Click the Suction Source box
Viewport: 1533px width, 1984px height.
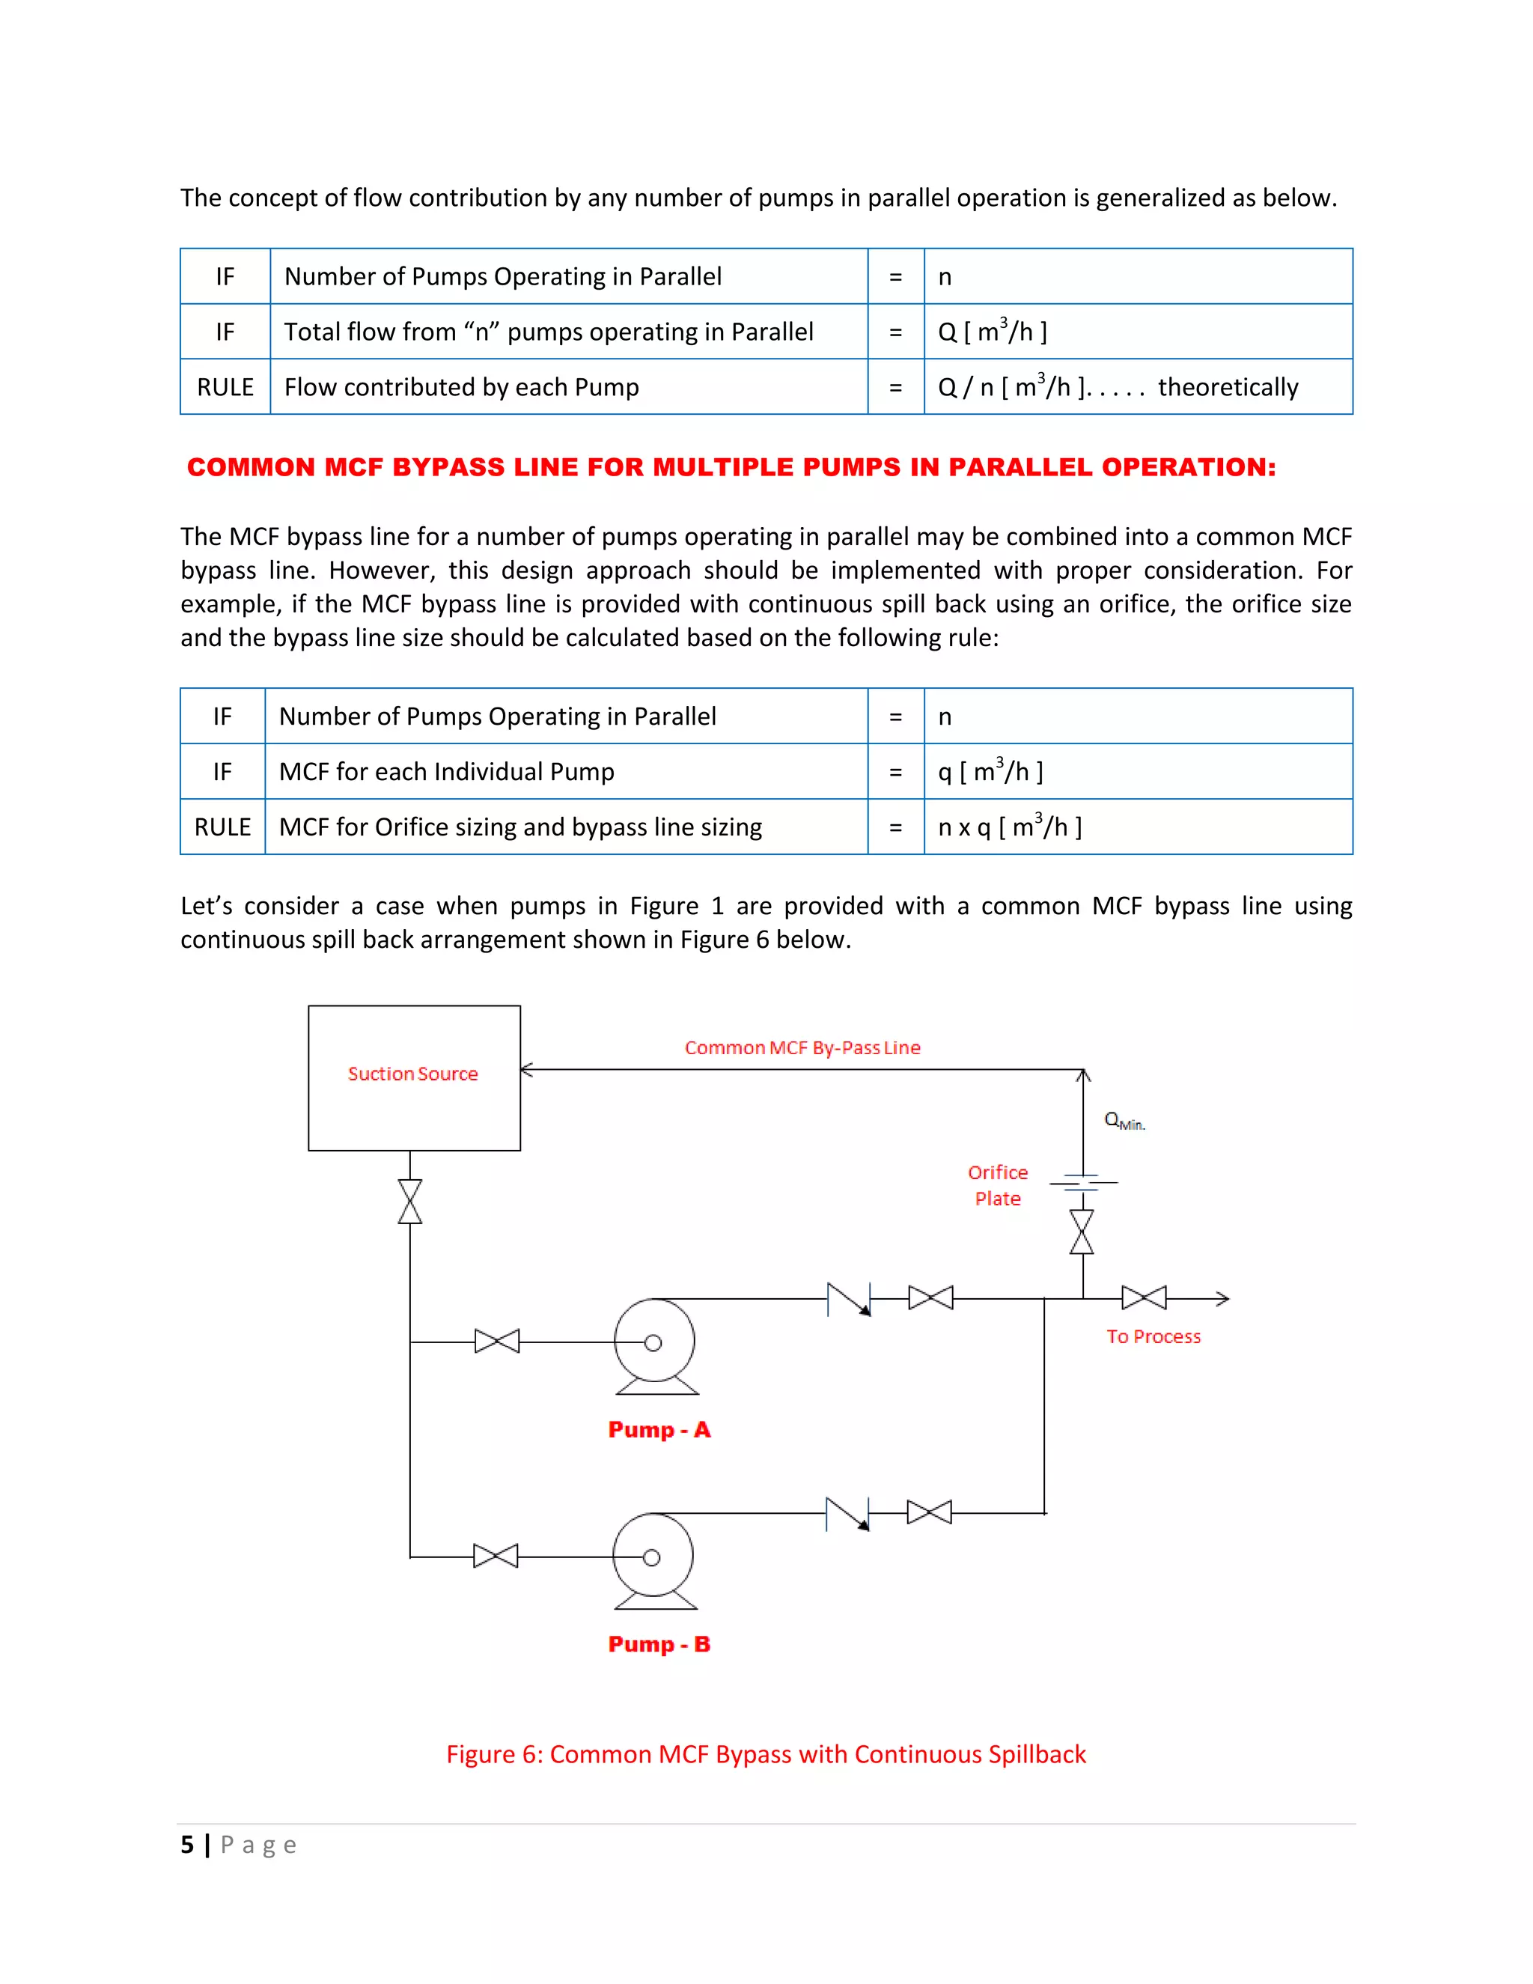click(x=414, y=1077)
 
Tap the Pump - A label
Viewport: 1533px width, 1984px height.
click(x=659, y=1430)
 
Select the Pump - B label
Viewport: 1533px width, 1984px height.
click(x=659, y=1644)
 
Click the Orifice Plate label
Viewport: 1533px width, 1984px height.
click(x=997, y=1185)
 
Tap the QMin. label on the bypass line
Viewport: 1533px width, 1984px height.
click(x=1124, y=1121)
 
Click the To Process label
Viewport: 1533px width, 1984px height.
click(x=1153, y=1336)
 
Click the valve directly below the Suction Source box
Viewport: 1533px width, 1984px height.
click(x=410, y=1202)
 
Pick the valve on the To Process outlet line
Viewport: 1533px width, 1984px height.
click(x=1144, y=1297)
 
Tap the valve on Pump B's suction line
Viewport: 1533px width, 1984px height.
click(x=496, y=1557)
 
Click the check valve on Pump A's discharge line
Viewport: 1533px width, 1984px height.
click(x=849, y=1299)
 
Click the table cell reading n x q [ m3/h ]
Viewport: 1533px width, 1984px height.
click(x=1009, y=827)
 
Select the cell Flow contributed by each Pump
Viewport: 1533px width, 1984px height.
click(x=461, y=387)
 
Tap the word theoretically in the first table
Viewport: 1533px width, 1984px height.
click(x=1227, y=387)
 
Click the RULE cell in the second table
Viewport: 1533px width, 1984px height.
click(x=222, y=827)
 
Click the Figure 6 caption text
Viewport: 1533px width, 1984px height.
click(x=766, y=1754)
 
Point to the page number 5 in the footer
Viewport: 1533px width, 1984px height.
click(x=187, y=1845)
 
